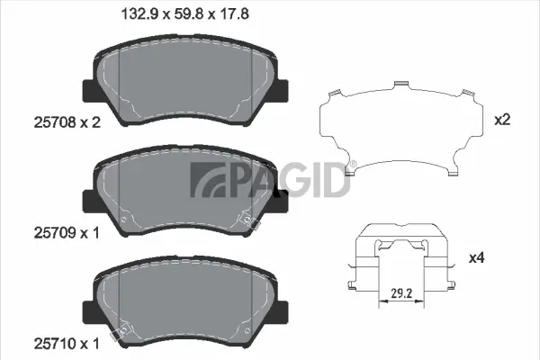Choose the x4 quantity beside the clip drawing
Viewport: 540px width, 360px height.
point(502,259)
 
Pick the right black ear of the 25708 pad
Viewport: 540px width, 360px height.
point(282,90)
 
